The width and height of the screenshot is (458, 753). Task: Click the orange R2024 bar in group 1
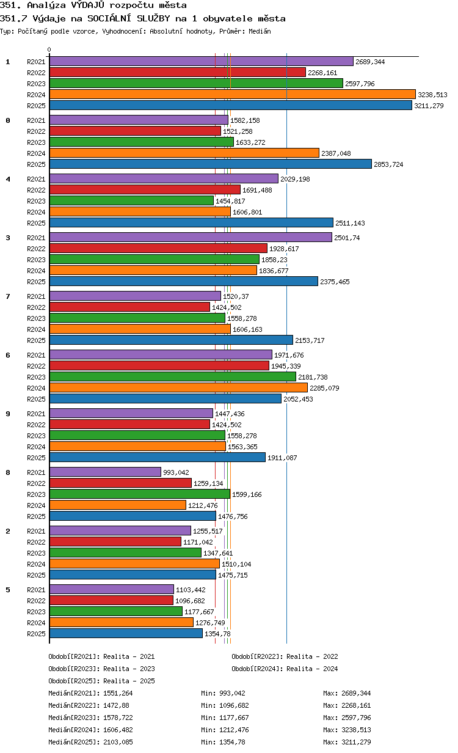(232, 95)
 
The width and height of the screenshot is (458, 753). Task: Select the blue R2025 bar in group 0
(211, 164)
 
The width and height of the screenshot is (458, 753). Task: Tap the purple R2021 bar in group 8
(105, 472)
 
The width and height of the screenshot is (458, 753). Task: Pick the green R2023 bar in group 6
(173, 377)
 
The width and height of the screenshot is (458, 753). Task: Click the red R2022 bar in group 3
(159, 248)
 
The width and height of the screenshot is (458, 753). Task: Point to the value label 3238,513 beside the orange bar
(432, 95)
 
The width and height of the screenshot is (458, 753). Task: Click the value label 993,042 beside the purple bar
(176, 472)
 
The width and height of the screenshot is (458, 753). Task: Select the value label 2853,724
(388, 164)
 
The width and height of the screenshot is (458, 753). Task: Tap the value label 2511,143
(350, 223)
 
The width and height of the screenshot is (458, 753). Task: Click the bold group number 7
(8, 296)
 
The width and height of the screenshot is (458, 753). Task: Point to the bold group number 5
(8, 590)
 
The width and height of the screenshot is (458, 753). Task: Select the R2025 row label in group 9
(36, 458)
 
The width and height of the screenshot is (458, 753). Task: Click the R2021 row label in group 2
(36, 531)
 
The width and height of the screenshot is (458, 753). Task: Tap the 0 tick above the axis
(49, 50)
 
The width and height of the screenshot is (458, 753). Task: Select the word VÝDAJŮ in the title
(88, 5)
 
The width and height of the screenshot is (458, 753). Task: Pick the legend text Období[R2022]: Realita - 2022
(285, 656)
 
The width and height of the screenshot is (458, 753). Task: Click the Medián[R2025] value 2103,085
(118, 741)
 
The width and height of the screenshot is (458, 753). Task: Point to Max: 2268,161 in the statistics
(347, 705)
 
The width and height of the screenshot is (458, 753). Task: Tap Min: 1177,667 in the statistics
(225, 718)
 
